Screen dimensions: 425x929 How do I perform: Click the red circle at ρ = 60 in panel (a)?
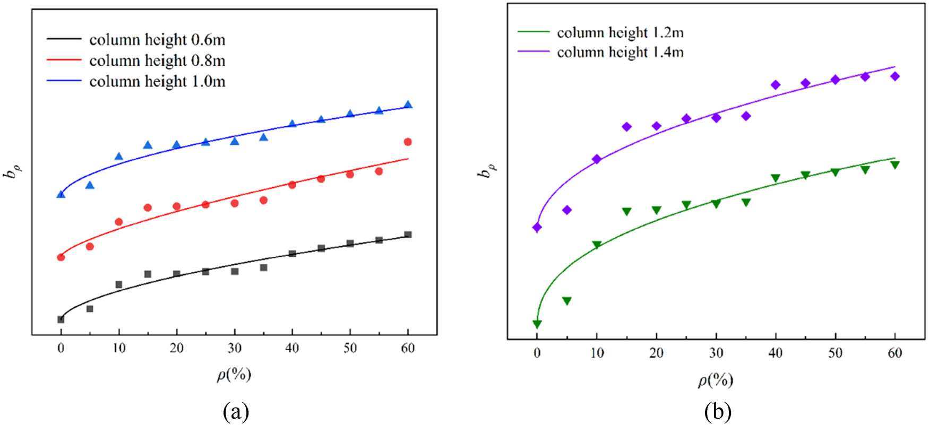click(x=408, y=142)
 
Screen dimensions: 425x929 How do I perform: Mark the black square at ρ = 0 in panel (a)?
click(x=61, y=319)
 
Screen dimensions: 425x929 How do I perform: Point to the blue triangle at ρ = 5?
click(x=90, y=185)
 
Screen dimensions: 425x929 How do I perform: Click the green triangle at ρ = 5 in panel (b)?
click(x=566, y=301)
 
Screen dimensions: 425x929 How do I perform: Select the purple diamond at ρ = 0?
click(x=537, y=228)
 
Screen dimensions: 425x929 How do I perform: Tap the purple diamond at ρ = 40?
click(x=775, y=85)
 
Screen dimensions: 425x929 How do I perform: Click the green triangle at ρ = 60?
click(x=895, y=165)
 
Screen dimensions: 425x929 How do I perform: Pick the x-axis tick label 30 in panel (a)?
click(x=234, y=349)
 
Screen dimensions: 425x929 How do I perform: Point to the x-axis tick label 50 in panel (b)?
click(x=835, y=353)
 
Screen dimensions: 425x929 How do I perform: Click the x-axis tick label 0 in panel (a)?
click(x=61, y=349)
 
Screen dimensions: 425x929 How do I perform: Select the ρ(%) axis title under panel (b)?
click(x=716, y=380)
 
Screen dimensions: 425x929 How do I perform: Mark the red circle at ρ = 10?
click(x=118, y=222)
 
